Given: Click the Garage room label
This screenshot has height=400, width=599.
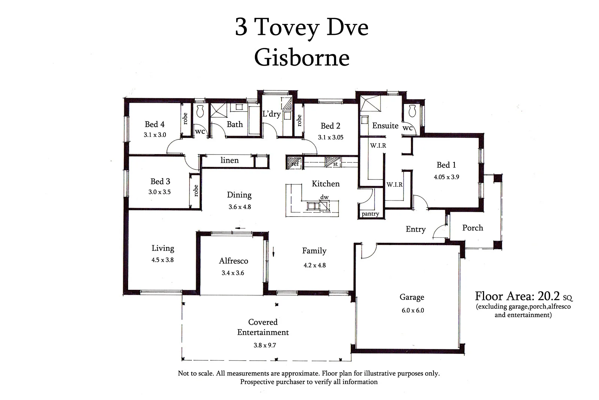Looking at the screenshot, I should [412, 297].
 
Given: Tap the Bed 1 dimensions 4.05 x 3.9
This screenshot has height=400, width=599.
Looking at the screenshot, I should [446, 177].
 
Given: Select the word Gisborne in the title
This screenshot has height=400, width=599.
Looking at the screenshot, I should [302, 58].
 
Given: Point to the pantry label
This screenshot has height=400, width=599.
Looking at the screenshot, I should [370, 214].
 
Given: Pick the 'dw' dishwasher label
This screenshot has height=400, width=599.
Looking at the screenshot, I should [324, 197].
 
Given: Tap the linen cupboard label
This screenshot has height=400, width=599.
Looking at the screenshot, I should [229, 160].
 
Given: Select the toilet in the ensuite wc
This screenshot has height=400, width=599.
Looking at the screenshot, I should [413, 110].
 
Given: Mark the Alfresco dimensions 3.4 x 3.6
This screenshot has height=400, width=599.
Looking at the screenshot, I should [233, 273].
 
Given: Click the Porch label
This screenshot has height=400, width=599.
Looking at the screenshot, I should [472, 228].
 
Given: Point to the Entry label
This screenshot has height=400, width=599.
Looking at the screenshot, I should [416, 229].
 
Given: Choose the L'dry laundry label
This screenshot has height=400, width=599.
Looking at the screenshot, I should [271, 114].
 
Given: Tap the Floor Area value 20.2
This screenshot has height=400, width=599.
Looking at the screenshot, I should [548, 297].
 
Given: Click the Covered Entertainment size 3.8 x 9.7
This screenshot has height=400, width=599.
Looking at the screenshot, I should [265, 345].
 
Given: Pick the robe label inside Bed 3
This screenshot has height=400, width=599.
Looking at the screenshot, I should [195, 190].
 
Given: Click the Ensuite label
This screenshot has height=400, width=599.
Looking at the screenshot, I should [385, 126].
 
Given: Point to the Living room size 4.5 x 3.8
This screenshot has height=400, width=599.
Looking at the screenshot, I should [162, 260].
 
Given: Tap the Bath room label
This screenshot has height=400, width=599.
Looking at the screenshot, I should [235, 124].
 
